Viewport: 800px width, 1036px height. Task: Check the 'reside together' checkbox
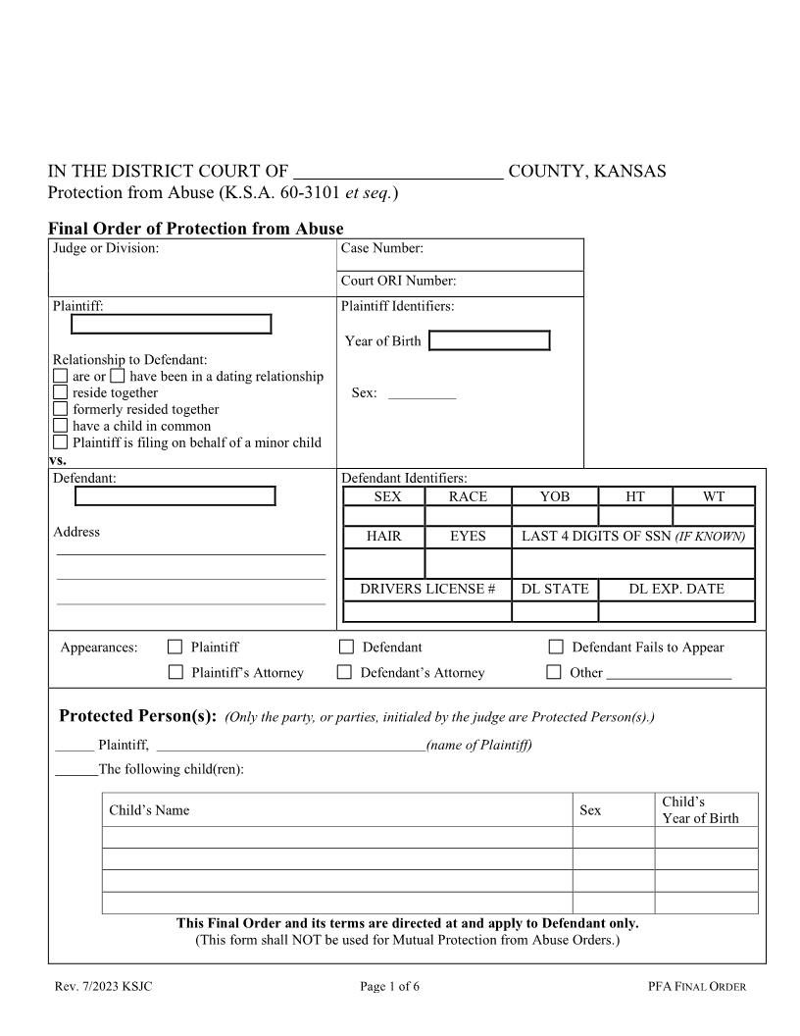click(x=61, y=392)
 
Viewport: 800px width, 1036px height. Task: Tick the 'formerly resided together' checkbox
click(x=61, y=409)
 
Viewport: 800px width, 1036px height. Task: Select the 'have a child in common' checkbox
click(x=61, y=426)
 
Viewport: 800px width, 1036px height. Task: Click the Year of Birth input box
click(x=489, y=340)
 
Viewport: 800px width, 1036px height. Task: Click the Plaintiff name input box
click(x=172, y=324)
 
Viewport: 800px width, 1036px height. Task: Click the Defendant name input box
click(x=175, y=495)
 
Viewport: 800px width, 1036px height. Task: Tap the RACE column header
click(x=468, y=496)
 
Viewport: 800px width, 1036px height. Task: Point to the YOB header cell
click(x=554, y=496)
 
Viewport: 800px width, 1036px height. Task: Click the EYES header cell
click(x=468, y=537)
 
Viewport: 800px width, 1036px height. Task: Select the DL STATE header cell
click(x=555, y=589)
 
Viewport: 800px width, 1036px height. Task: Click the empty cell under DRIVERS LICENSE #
click(x=427, y=611)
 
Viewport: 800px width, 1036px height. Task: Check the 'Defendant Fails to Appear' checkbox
click(x=556, y=647)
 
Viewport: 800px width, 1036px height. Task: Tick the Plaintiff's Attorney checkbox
click(x=175, y=672)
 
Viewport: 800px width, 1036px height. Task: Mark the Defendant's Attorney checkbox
click(x=344, y=672)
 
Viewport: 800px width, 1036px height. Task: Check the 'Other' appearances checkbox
click(x=554, y=672)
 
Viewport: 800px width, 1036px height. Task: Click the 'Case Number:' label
click(x=382, y=249)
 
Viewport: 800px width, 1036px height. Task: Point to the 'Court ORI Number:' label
click(x=398, y=282)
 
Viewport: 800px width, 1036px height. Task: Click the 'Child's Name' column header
click(x=149, y=810)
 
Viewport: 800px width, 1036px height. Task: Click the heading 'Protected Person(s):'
click(x=137, y=715)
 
